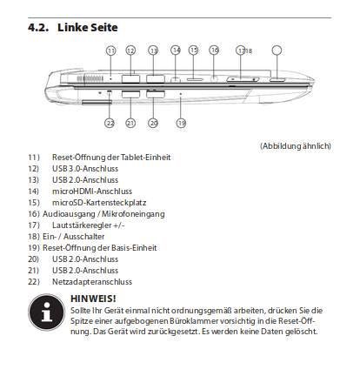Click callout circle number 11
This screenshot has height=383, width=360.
(111, 50)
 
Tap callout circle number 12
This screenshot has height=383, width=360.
(130, 50)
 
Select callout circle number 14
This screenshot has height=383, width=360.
(176, 50)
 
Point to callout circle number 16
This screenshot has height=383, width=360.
(214, 50)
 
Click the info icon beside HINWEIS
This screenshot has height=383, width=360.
(46, 312)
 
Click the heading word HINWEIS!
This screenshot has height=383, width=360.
(93, 299)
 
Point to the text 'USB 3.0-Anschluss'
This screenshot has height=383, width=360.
(85, 169)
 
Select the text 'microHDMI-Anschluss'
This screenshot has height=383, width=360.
(92, 191)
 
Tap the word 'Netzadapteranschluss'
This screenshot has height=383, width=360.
(92, 282)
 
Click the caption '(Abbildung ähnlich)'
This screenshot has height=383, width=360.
(296, 145)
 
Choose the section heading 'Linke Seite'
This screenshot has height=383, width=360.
(88, 28)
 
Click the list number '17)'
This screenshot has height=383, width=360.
(34, 225)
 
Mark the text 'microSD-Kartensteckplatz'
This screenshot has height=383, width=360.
(99, 203)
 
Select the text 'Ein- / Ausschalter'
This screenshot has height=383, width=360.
(74, 237)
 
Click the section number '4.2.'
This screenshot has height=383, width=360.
(38, 28)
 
